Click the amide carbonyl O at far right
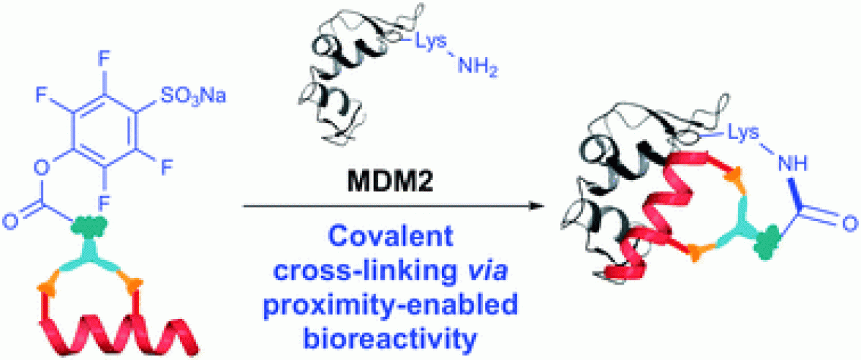[847, 224]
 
